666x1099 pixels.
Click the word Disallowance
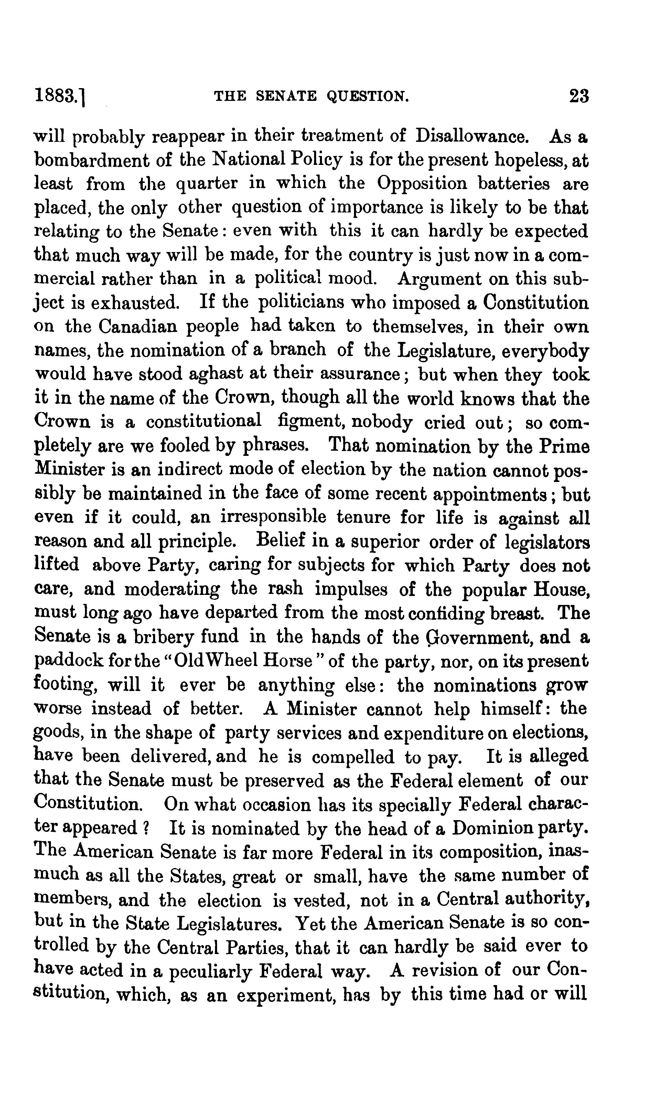pos(472,136)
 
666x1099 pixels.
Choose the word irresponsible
pos(273,517)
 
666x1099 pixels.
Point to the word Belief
pos(281,541)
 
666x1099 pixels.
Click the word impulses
pos(352,589)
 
